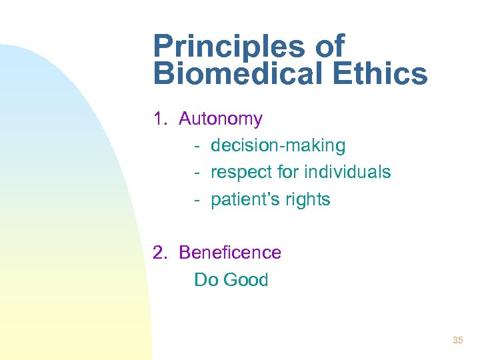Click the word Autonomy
pyautogui.click(x=221, y=119)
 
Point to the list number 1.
pyautogui.click(x=159, y=119)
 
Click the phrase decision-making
pyautogui.click(x=278, y=145)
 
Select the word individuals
pyautogui.click(x=347, y=172)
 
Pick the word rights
pyautogui.click(x=309, y=199)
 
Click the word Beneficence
pyautogui.click(x=230, y=253)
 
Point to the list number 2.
pyautogui.click(x=159, y=253)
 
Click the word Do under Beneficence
pyautogui.click(x=206, y=279)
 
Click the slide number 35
pyautogui.click(x=457, y=341)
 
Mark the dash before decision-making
pyautogui.click(x=198, y=146)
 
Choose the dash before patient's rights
pyautogui.click(x=198, y=200)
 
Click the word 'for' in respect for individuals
pyautogui.click(x=289, y=172)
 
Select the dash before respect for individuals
pyautogui.click(x=198, y=173)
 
